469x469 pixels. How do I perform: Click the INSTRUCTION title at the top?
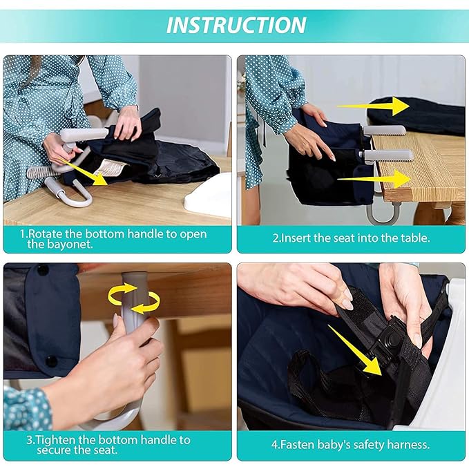(236, 26)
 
